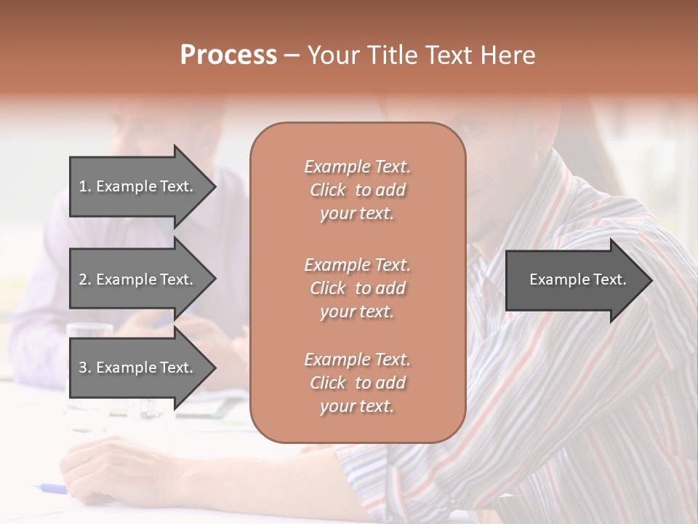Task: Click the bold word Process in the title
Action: coord(228,55)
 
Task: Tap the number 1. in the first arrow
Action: coord(85,186)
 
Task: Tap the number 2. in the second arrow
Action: coord(85,279)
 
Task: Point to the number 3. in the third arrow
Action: coord(85,368)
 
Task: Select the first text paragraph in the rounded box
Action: coord(357,190)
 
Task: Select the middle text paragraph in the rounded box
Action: coord(357,288)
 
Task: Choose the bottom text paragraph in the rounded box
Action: coord(357,383)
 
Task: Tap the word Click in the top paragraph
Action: coord(328,190)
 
